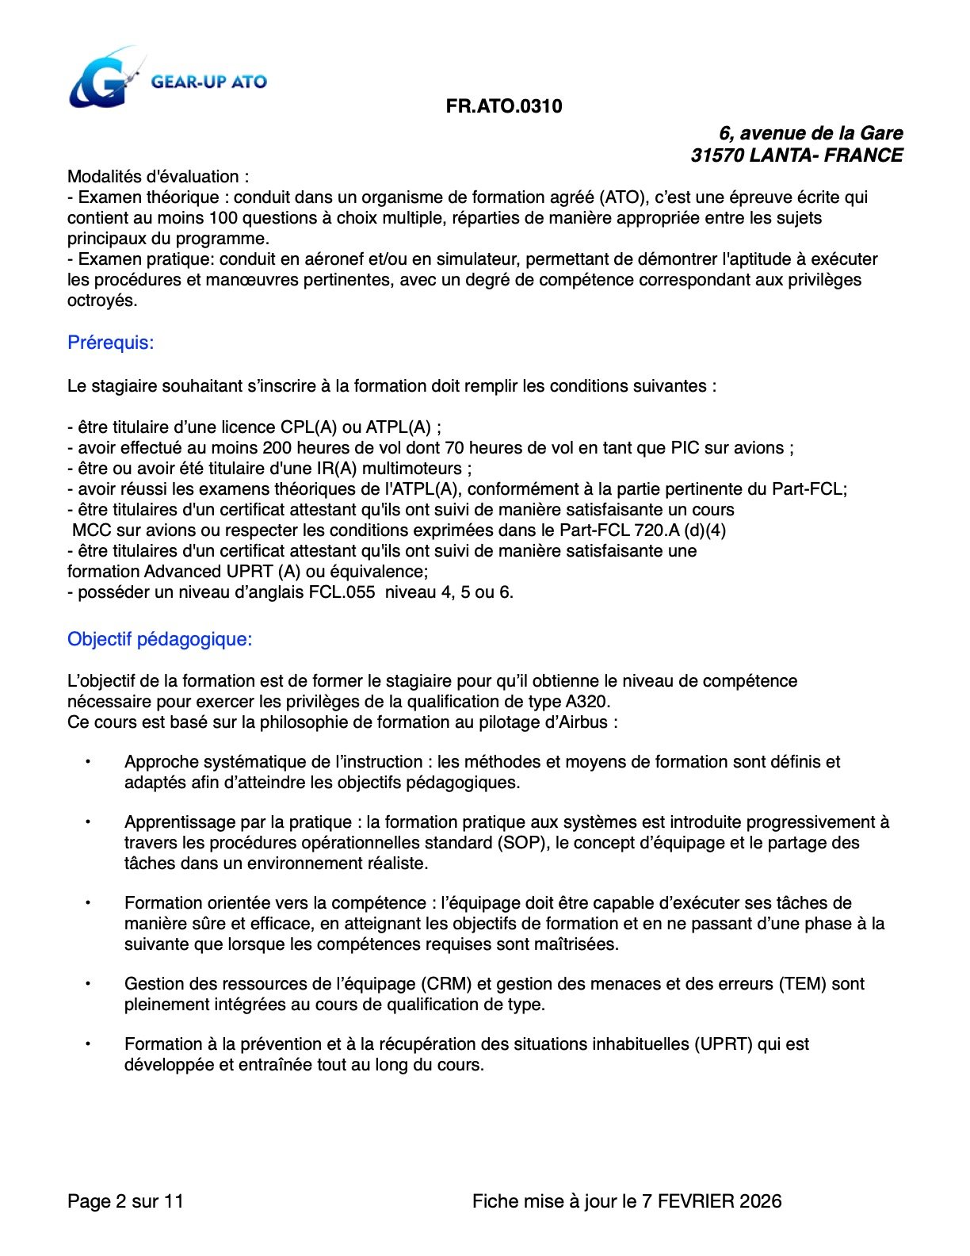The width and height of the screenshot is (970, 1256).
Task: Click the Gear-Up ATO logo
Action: click(x=166, y=79)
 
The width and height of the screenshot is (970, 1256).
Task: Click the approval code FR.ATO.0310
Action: click(x=504, y=106)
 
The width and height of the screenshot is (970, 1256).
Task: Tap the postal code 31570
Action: click(x=716, y=155)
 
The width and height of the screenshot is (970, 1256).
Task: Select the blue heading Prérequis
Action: click(x=110, y=343)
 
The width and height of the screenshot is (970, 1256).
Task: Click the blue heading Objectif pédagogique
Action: click(x=159, y=639)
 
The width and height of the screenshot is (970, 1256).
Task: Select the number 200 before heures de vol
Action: click(x=277, y=448)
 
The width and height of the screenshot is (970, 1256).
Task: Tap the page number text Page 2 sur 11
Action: click(x=125, y=1201)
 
